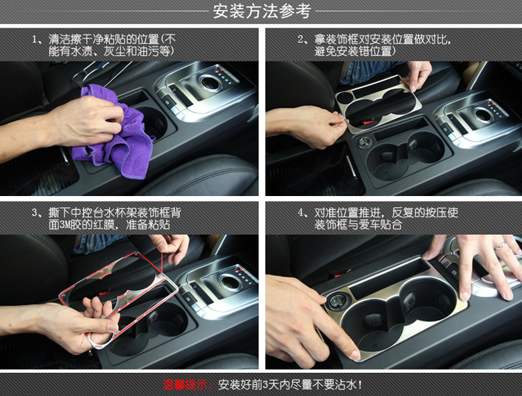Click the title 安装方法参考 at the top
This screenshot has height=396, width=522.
point(262,11)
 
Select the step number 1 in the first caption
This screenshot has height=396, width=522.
point(34,40)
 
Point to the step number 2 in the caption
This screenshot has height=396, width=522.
point(301,40)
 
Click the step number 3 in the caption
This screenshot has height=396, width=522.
point(34,213)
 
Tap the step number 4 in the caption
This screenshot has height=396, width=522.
point(301,213)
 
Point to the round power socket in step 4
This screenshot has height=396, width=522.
point(336,300)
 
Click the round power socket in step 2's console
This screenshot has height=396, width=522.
point(365,143)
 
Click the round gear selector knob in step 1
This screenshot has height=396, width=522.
point(209,82)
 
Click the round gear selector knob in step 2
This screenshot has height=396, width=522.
point(482,115)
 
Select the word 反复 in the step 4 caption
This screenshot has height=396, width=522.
point(403,212)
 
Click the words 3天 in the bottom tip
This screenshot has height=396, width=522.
point(271,385)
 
